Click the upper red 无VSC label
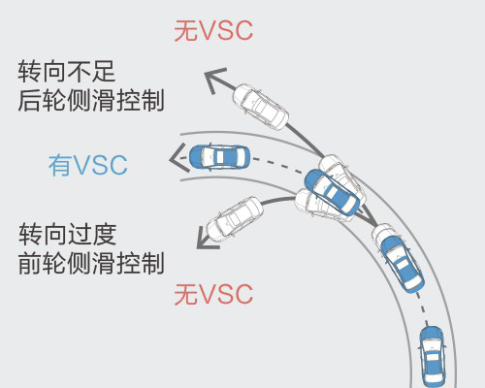coord(213,31)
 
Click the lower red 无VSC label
coord(213,294)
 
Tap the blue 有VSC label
coord(88,165)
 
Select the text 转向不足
coord(67,71)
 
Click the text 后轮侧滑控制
coord(91,100)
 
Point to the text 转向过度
coord(67,235)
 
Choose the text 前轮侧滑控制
coord(91,263)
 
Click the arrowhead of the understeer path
coord(214,80)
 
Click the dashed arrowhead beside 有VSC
coord(178,158)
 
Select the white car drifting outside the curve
coord(261,107)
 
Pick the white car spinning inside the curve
coord(235,218)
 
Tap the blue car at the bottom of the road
coord(432,356)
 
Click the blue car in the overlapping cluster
coord(333,191)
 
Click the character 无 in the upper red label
coord(185,31)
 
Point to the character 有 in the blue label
coord(60,165)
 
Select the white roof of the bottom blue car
coord(433,357)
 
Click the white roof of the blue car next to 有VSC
coord(220,157)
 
